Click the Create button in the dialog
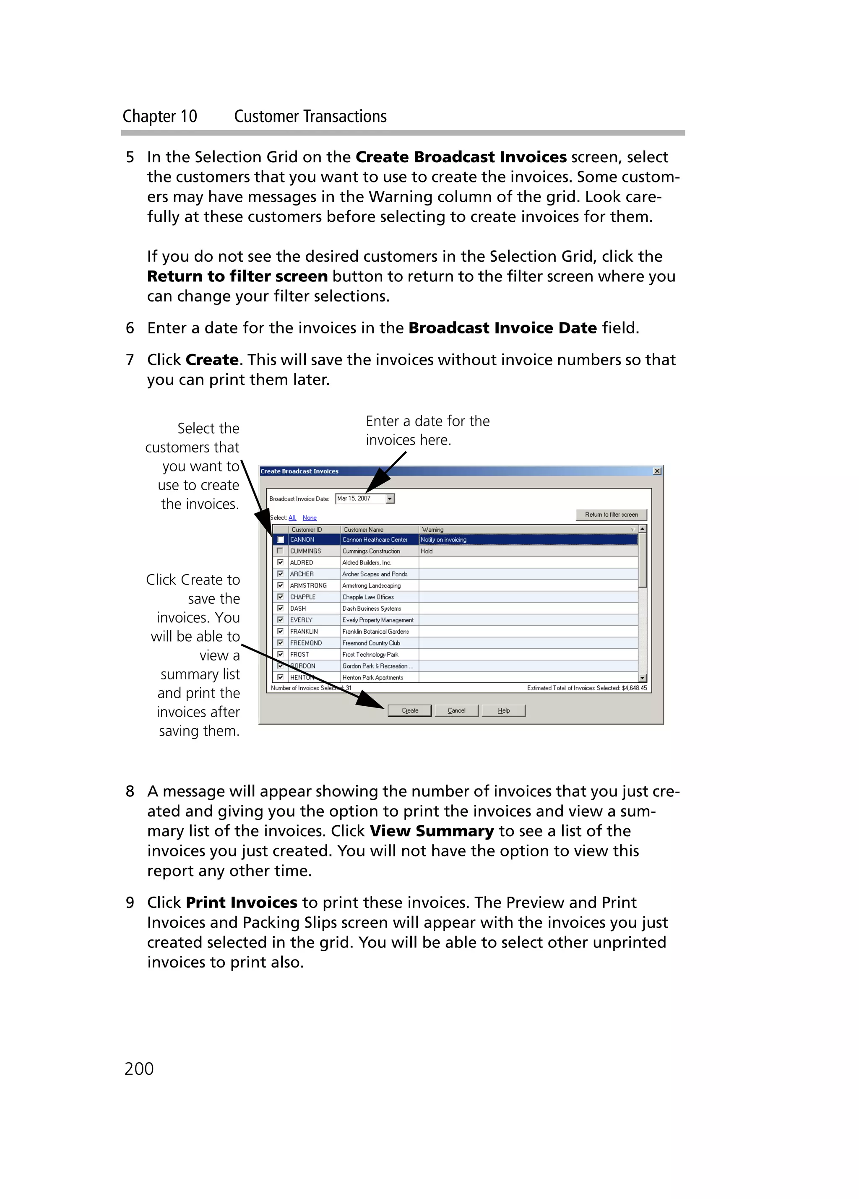click(x=409, y=710)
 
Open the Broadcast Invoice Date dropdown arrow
click(x=390, y=499)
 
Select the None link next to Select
click(x=309, y=518)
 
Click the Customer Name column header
click(x=364, y=529)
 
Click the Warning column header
click(x=432, y=529)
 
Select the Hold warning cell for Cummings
click(x=427, y=551)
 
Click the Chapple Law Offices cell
click(x=368, y=597)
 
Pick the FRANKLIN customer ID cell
click(x=304, y=631)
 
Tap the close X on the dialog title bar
click(x=656, y=471)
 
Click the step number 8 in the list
click(x=130, y=791)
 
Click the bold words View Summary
click(x=431, y=830)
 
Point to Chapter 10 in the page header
click(x=160, y=116)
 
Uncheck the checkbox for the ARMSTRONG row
click(x=280, y=585)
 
